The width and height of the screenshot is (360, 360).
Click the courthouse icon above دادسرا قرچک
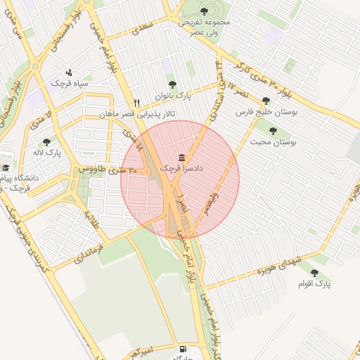(x=182, y=157)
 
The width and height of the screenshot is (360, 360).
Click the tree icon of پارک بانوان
(x=172, y=84)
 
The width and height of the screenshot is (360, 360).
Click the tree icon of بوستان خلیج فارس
(x=266, y=101)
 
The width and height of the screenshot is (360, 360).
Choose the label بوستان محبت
(x=274, y=142)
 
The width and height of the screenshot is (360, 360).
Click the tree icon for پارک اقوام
(x=314, y=272)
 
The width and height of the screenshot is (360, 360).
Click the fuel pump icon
(x=184, y=349)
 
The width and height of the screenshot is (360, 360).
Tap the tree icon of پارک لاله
(x=47, y=141)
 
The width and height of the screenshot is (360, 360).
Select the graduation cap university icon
(x=6, y=168)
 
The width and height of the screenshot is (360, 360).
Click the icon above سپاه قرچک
(x=69, y=72)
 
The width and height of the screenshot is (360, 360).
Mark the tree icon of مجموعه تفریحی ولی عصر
(x=204, y=11)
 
